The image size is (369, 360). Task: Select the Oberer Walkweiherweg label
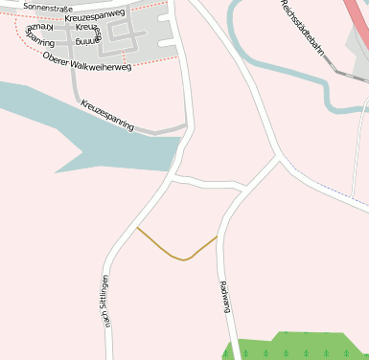point(87,59)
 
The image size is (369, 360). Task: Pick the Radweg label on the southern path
point(225,296)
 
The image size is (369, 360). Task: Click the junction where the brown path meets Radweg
point(218,236)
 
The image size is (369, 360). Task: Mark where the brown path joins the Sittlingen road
point(137,228)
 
